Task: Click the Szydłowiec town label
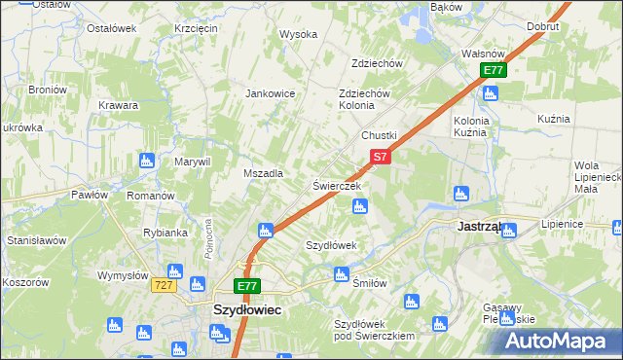coord(247,308)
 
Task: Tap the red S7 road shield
coord(380,156)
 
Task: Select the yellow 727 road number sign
coord(163,285)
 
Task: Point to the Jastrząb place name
coord(479,226)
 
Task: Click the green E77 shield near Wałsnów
coord(494,70)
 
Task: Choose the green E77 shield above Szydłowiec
coord(247,286)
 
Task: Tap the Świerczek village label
coord(337,185)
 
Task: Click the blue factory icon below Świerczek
coord(359,205)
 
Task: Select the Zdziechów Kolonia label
coord(364,99)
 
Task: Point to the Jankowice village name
coord(271,93)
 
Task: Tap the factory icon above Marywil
coord(147,160)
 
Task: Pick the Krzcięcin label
coord(196,28)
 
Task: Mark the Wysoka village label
coord(299,34)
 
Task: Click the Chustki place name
coord(380,134)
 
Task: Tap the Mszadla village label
coord(262,173)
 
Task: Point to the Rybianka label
coord(165,233)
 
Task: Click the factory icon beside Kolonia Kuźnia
coord(490,93)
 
